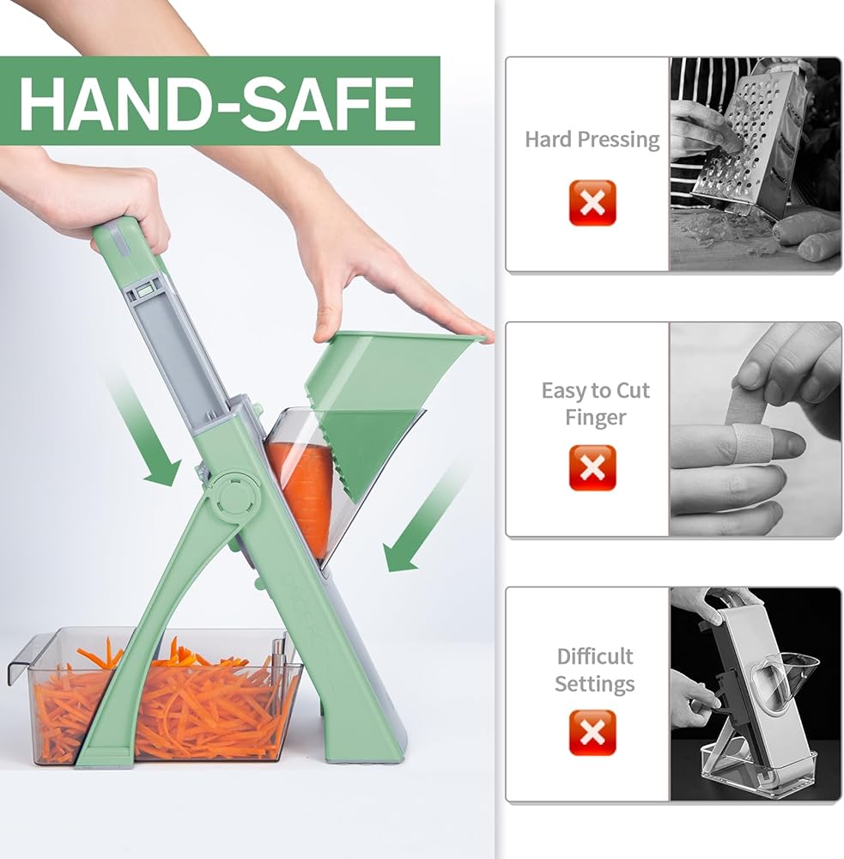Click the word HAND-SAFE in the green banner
point(216,102)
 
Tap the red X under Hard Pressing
point(592,203)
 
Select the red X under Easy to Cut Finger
point(592,467)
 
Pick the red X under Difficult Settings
point(592,733)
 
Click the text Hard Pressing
point(592,140)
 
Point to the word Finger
point(595,418)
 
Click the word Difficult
point(595,655)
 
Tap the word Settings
point(595,685)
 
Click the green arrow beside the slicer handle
point(143,428)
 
